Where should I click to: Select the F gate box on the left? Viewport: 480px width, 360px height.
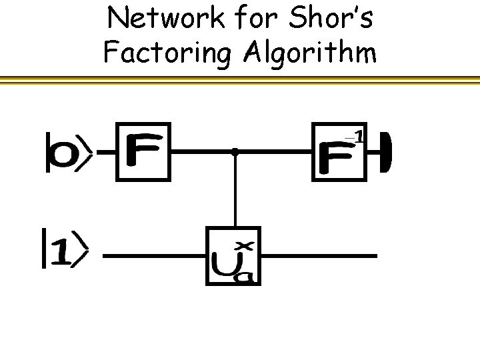coord(143,151)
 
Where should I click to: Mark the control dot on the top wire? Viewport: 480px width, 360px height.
coord(235,152)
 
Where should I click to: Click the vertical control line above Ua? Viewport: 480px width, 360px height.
coord(235,193)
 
